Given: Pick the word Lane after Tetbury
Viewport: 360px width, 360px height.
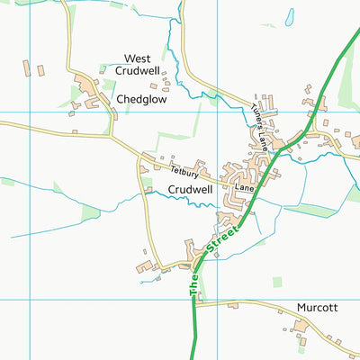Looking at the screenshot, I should (245, 189).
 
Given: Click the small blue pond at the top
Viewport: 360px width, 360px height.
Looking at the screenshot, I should (289, 16).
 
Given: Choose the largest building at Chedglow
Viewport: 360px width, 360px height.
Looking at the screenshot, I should (90, 87).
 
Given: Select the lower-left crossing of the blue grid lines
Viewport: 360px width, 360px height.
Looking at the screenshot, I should (31, 300).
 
